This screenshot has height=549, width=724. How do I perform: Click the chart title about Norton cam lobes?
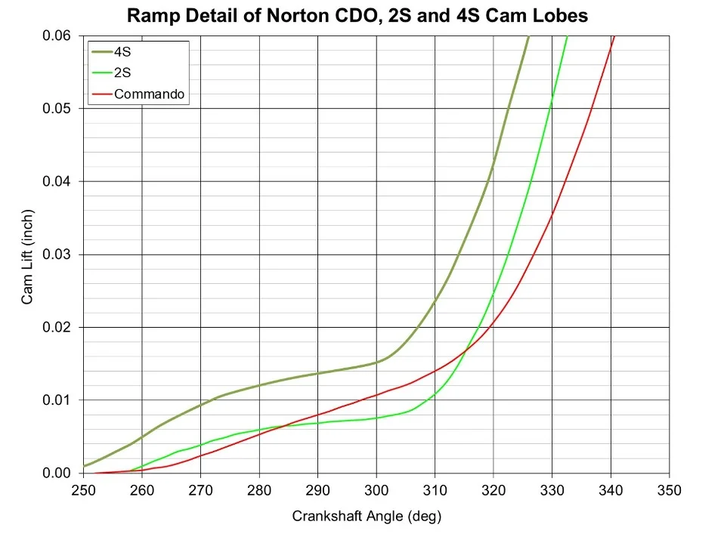[357, 15]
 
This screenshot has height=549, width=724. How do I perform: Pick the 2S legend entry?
[123, 74]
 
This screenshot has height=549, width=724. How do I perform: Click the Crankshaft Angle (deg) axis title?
[366, 517]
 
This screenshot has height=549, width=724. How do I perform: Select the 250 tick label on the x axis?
[83, 491]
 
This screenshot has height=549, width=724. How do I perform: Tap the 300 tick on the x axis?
[376, 491]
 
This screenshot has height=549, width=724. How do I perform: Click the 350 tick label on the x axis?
[670, 491]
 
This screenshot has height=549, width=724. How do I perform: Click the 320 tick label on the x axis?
[493, 491]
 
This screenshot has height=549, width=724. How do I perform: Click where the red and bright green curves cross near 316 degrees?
[466, 348]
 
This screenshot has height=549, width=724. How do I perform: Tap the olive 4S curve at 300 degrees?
[376, 362]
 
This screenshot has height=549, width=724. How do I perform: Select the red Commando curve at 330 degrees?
[552, 215]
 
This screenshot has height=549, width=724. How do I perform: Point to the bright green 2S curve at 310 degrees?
[435, 393]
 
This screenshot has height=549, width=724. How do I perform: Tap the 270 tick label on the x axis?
[200, 491]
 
